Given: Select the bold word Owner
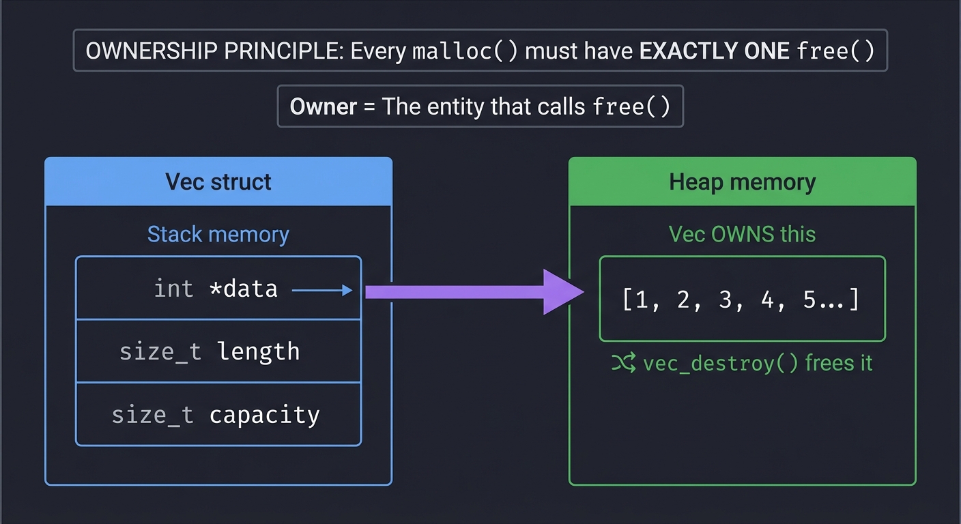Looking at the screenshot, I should (323, 106).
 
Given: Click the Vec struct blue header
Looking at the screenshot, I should (218, 181).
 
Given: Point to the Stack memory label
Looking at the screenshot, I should (218, 235).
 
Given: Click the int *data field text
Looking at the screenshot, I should (216, 289).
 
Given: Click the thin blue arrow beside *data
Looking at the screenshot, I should (322, 291).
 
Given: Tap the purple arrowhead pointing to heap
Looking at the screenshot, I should (562, 292).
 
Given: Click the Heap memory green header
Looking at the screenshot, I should (742, 181).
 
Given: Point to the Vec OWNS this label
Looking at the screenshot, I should (742, 235).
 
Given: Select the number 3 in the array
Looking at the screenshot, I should (725, 300).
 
